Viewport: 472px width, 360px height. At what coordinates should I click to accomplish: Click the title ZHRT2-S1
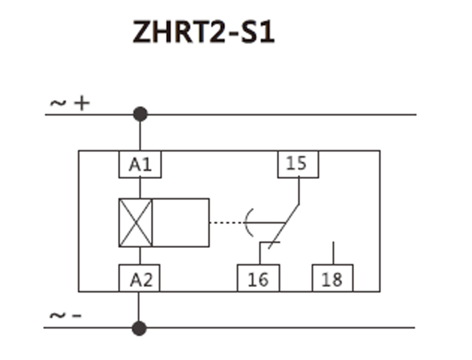(204, 34)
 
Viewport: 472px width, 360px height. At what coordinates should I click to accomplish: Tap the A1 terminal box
(140, 163)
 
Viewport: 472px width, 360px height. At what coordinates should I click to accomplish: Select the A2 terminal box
(140, 278)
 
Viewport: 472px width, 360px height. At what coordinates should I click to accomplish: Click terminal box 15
(298, 163)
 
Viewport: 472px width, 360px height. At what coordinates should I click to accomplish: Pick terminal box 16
(258, 278)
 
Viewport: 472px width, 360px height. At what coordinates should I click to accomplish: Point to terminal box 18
(333, 278)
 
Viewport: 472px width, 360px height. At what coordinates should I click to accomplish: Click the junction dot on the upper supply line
(140, 114)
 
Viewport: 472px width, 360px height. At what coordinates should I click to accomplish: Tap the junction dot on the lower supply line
(139, 328)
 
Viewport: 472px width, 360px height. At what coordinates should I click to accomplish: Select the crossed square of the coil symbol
(136, 222)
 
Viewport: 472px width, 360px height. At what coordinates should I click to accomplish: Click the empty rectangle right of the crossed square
(181, 222)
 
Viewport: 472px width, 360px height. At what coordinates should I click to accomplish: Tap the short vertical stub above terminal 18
(333, 253)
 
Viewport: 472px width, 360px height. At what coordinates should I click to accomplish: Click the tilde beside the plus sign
(58, 103)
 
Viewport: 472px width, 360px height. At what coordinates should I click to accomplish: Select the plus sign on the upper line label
(81, 103)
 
